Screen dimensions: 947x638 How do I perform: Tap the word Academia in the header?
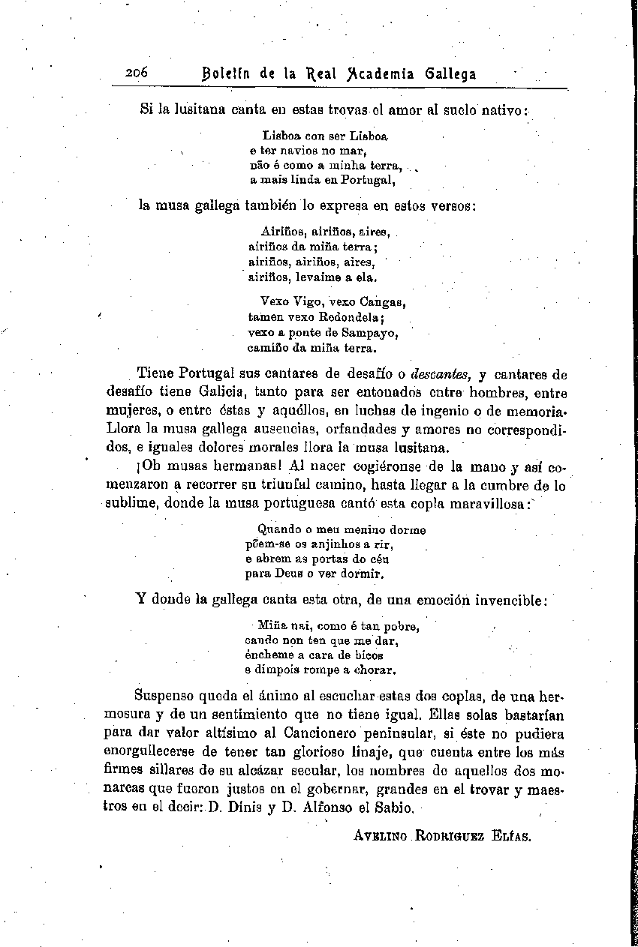click(378, 73)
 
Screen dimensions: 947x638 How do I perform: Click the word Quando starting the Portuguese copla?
click(278, 529)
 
